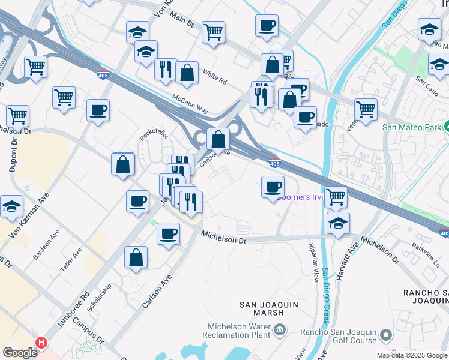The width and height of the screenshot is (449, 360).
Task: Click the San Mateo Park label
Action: pos(412,127)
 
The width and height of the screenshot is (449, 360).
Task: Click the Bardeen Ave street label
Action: pos(46,247)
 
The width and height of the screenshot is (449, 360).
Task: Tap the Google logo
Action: pos(20,353)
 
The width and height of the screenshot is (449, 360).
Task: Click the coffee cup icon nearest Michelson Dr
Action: pos(168,233)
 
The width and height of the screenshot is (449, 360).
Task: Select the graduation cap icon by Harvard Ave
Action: pos(339,222)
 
